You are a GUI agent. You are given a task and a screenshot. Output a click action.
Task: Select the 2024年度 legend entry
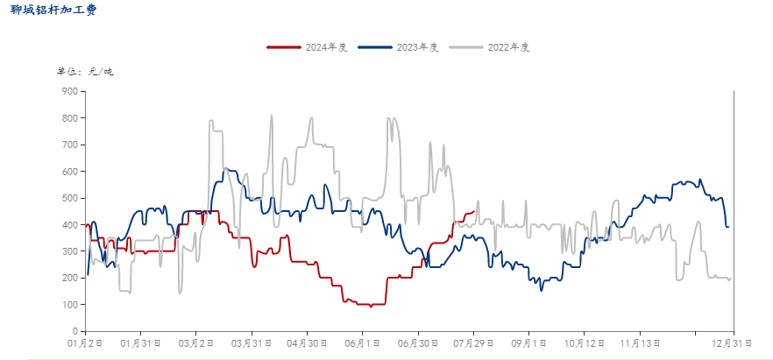308,47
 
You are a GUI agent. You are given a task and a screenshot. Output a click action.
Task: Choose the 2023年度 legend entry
399,47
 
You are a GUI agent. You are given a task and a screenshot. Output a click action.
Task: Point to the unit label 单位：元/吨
85,71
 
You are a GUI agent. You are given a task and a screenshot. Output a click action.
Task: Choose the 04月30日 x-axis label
307,343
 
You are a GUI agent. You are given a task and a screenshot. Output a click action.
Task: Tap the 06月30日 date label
418,343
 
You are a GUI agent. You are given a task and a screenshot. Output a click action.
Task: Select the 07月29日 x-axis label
473,343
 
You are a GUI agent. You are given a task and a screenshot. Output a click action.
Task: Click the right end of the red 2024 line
474,211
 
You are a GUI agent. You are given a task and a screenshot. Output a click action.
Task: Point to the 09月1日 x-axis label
528,343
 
